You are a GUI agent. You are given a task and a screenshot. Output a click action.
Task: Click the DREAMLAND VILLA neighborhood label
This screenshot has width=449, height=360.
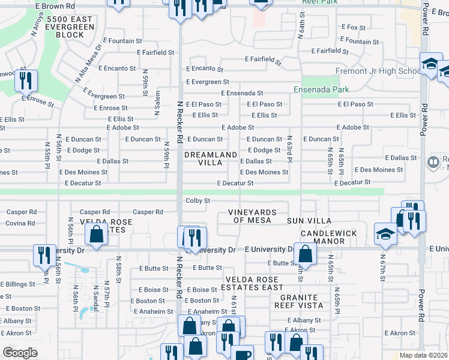pos(210,158)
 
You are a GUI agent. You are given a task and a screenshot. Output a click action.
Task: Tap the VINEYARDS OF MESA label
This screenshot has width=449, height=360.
pos(252,216)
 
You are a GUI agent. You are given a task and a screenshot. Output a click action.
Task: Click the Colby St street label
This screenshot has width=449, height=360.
pos(197,200)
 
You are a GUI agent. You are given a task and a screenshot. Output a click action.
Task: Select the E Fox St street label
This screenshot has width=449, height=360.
pos(354,28)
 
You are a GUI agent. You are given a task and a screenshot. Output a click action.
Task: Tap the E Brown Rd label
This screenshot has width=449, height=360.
pos(55,6)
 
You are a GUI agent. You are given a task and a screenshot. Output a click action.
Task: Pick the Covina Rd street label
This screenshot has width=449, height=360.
pos(21,223)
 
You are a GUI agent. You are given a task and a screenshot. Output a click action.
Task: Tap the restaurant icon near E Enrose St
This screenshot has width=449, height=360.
pos(26,80)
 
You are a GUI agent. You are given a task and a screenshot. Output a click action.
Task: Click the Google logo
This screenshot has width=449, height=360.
pos(20,352)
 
